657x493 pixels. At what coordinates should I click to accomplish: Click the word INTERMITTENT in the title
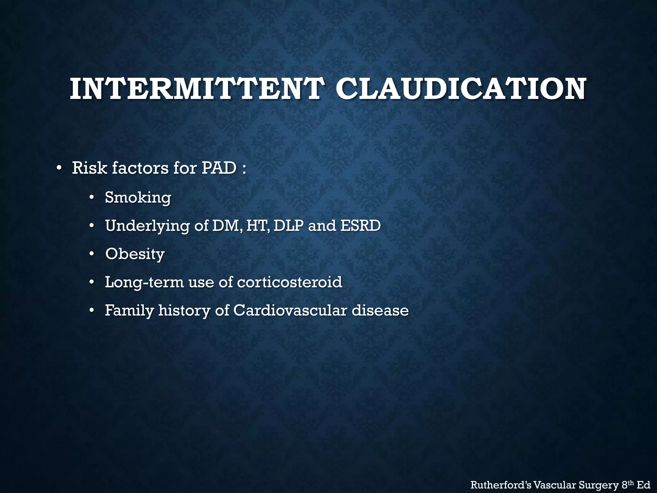[x=195, y=89]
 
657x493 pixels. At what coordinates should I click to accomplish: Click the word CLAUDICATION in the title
[x=461, y=89]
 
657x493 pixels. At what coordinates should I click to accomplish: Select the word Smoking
[x=138, y=197]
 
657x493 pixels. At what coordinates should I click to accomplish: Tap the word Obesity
[x=135, y=254]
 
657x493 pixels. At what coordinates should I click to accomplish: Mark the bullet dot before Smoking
[x=92, y=197]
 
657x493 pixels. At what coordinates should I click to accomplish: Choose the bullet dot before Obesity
[x=92, y=254]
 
